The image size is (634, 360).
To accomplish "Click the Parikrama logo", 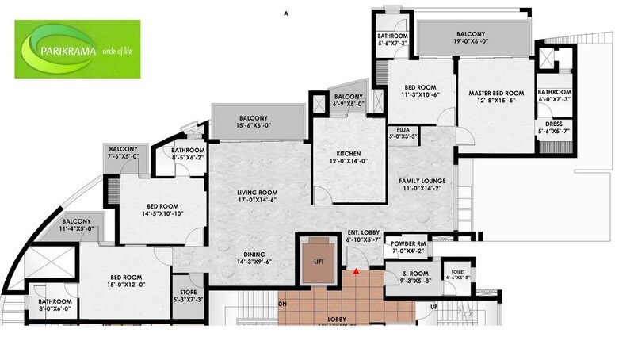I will tap(77, 49).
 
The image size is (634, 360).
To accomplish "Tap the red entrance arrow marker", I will tap(357, 273).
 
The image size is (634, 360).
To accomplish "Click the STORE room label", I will tap(188, 293).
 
